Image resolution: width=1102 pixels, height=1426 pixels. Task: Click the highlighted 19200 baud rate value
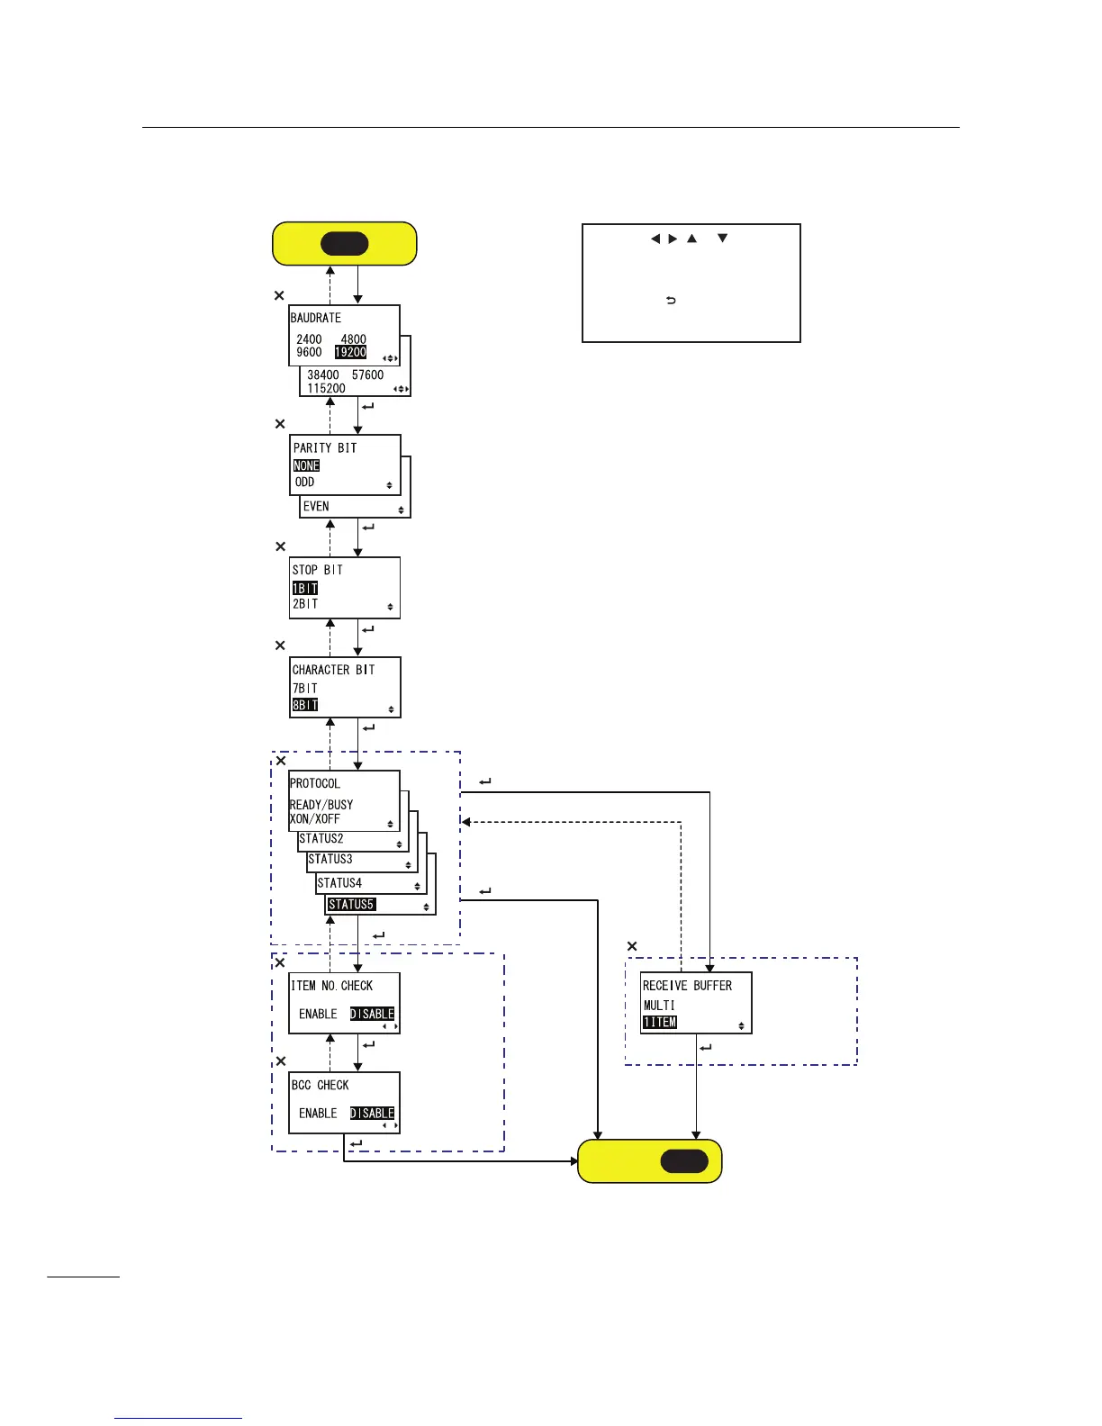tap(350, 352)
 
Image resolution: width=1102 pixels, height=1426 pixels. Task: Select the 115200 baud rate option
tap(326, 389)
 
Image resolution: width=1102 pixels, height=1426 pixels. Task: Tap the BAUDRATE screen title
tap(316, 318)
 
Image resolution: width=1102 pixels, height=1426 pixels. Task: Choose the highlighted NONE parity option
tap(306, 465)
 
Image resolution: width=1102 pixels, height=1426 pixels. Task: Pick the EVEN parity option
tap(316, 506)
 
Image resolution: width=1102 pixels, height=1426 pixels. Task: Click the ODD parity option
tap(305, 483)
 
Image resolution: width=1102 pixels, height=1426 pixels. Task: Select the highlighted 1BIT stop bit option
tap(305, 588)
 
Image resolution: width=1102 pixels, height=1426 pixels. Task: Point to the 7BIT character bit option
tap(305, 688)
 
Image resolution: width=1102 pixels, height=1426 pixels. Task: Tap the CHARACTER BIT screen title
tap(333, 670)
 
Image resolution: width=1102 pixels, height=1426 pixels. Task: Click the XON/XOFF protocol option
tap(315, 819)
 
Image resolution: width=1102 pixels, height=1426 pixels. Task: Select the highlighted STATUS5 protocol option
tap(351, 905)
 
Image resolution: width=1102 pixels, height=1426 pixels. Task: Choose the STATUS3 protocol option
tap(330, 860)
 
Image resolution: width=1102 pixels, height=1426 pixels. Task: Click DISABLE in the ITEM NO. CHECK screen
tap(372, 1014)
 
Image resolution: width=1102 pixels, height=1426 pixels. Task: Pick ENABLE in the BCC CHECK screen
tap(318, 1114)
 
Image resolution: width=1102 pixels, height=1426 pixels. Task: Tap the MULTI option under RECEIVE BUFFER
tap(659, 1006)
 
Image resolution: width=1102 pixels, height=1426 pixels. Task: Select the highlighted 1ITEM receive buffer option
tap(659, 1023)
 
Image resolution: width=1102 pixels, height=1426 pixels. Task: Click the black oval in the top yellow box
tap(344, 244)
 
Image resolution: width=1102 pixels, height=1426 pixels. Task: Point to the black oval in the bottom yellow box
tap(684, 1161)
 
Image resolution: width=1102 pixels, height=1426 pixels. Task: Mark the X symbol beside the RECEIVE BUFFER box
tap(632, 946)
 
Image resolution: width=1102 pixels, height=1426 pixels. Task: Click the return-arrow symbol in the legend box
tap(671, 301)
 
